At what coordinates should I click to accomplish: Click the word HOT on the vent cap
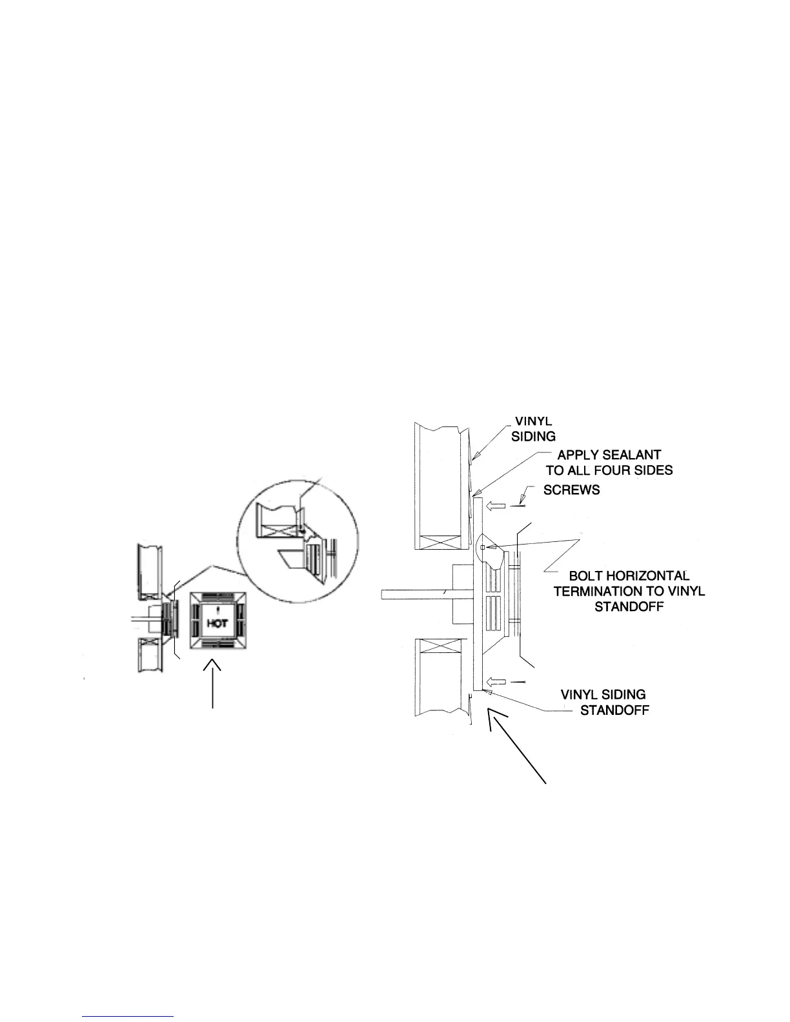coord(218,624)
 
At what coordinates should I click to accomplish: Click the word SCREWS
coord(571,490)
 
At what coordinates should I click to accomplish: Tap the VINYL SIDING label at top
coord(533,429)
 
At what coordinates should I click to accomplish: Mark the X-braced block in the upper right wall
coord(438,536)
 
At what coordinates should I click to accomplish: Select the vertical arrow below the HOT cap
coord(213,684)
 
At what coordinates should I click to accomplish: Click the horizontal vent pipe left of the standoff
coord(416,594)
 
